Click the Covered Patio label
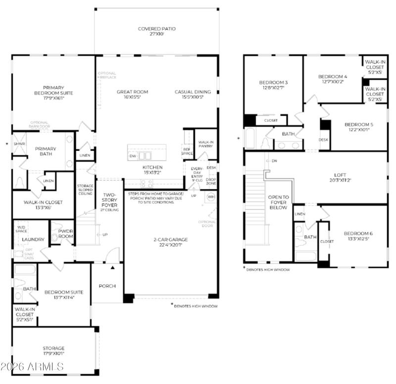[x=156, y=29]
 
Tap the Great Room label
[x=132, y=92]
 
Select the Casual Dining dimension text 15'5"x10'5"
[x=193, y=97]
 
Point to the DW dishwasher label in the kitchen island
[x=133, y=156]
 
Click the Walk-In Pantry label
[x=204, y=144]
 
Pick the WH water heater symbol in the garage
[x=210, y=197]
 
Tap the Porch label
[x=107, y=286]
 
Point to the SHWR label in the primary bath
[x=19, y=144]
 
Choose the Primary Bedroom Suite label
[x=53, y=90]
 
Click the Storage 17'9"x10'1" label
[x=53, y=348]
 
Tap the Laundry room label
[x=33, y=240]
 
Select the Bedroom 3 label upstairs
[x=273, y=82]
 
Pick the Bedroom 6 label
[x=357, y=234]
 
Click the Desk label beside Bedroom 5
[x=324, y=140]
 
